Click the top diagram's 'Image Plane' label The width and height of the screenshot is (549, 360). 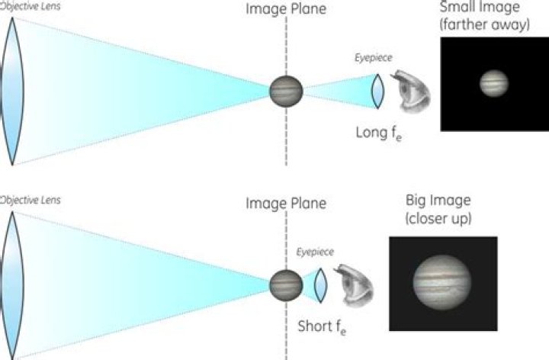tap(286, 9)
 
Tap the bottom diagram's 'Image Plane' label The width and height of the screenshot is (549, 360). tap(286, 204)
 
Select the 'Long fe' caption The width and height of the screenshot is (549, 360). tap(379, 133)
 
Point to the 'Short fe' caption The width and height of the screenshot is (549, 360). tap(322, 327)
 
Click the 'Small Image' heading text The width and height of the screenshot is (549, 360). tap(480, 7)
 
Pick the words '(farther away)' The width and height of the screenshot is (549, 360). tap(485, 24)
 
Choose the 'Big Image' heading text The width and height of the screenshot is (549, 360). tap(438, 201)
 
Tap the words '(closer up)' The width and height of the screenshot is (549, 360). tap(438, 219)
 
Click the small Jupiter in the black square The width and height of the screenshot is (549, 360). tap(493, 83)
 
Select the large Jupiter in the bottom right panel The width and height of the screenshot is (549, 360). tap(441, 282)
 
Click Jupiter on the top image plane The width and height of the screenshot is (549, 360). tap(286, 92)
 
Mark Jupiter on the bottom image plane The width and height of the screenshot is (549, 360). tap(286, 285)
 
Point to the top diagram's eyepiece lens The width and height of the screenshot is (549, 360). tap(377, 92)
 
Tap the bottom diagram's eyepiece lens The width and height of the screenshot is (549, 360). tap(320, 285)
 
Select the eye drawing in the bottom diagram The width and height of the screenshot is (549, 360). tap(354, 286)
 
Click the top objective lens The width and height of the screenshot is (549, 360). tap(13, 92)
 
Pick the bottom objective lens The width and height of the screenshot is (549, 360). tap(13, 285)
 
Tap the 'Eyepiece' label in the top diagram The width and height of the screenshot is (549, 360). tap(373, 58)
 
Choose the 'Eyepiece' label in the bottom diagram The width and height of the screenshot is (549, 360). tap(315, 252)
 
